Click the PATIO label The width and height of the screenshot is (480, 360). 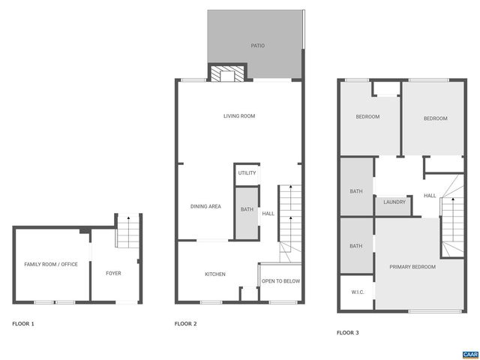coord(257,46)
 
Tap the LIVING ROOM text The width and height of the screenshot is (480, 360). coord(239,115)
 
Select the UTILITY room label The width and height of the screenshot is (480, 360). coord(247,173)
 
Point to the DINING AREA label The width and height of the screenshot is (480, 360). coord(205,206)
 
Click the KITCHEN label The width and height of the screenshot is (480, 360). coord(215,274)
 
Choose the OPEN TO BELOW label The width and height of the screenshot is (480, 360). coord(280,281)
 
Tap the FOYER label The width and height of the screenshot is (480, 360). coord(113,273)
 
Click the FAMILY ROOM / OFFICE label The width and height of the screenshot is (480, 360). coord(51,264)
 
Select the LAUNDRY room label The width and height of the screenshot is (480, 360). coord(394,202)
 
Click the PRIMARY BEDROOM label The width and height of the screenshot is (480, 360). coord(412,266)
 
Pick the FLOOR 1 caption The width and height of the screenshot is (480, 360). coord(23,324)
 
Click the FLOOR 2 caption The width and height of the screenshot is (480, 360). coord(185,324)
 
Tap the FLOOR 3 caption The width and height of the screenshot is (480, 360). coord(347,331)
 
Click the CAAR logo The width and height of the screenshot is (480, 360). coord(469,353)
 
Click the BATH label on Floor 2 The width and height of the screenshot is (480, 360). coord(247,209)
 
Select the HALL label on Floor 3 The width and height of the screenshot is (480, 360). coord(430,196)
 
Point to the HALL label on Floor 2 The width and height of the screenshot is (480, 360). coord(268,214)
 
